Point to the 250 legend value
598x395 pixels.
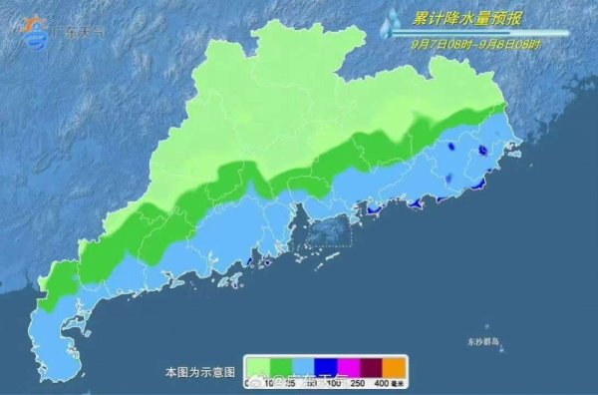[358, 384]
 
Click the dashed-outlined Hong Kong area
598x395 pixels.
[328, 231]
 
